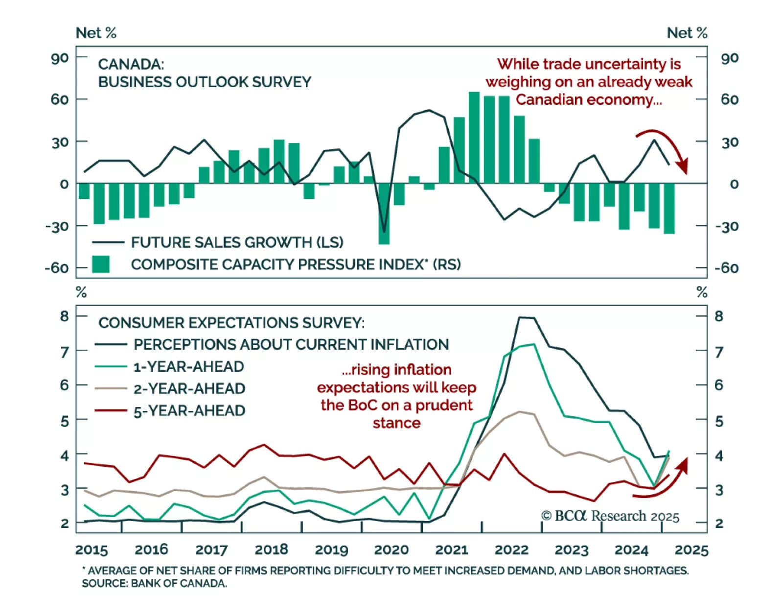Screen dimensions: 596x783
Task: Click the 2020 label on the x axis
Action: point(391,549)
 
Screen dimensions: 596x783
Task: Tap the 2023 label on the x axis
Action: point(572,549)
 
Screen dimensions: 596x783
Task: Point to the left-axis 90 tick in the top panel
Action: point(60,58)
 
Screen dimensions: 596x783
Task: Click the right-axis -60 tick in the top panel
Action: point(726,268)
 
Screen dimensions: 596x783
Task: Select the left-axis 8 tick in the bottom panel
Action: point(65,316)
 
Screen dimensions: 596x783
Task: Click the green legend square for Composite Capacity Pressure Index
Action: point(101,264)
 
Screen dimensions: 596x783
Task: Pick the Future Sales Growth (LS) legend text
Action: point(237,242)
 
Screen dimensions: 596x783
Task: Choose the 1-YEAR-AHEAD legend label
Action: point(188,367)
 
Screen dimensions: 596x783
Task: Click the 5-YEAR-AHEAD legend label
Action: point(189,411)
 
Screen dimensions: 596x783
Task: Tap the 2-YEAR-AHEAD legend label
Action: point(189,389)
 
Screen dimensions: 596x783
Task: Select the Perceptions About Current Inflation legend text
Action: point(291,345)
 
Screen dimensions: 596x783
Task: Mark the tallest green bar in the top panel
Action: point(474,138)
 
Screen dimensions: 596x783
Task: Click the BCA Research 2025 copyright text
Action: point(610,516)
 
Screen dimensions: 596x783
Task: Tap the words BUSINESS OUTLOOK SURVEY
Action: point(205,82)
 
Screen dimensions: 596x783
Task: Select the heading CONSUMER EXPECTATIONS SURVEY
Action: point(231,323)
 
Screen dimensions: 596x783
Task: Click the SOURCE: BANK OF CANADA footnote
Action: point(154,584)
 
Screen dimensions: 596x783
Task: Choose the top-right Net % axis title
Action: point(687,33)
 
